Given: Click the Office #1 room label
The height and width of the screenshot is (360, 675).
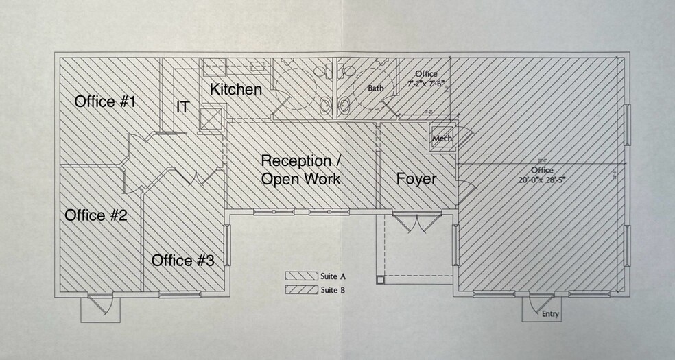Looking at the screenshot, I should tap(105, 102).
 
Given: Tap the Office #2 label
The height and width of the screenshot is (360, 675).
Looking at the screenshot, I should tap(96, 215).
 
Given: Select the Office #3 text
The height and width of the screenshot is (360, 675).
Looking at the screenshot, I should tap(182, 261).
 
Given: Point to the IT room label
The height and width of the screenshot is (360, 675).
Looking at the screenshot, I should tap(182, 108).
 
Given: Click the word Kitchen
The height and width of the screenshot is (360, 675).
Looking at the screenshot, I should tap(236, 89).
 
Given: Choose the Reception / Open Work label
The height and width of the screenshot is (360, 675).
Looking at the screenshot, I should tap(300, 169).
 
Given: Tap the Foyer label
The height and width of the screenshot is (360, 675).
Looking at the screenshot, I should tap(416, 179).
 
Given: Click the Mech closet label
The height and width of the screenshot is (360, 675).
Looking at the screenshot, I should tap(442, 139).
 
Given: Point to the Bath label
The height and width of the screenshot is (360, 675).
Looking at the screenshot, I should tap(375, 88).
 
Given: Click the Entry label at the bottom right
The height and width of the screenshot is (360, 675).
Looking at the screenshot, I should tap(550, 314).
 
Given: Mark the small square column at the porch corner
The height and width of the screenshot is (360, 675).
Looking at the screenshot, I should tap(379, 279).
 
